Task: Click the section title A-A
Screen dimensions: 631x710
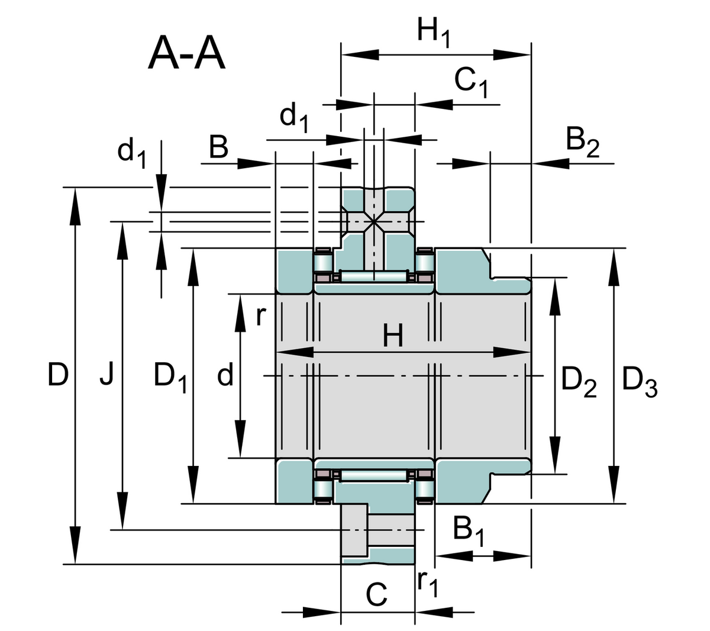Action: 186,54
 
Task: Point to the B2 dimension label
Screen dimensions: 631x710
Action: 582,143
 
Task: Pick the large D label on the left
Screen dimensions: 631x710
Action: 58,375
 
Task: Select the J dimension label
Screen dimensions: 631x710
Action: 106,375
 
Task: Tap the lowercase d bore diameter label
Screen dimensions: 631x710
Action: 225,375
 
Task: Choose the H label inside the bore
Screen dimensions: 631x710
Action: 393,337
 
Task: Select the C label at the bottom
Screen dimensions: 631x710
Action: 377,594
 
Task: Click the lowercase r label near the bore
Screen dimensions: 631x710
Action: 260,317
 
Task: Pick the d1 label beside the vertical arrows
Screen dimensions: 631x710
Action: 131,152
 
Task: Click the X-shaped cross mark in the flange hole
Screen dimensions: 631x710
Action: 373,221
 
